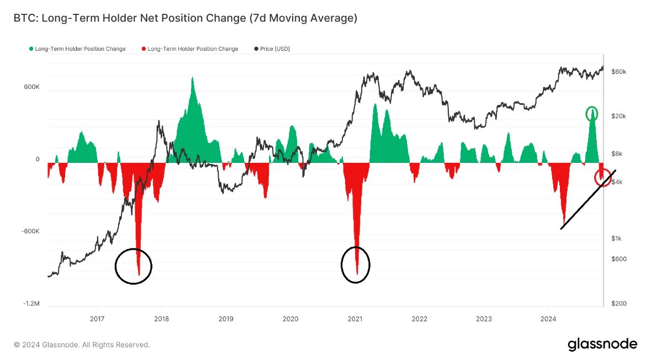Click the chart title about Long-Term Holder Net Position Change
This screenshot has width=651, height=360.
[186, 19]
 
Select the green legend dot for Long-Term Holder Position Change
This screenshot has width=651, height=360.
[31, 49]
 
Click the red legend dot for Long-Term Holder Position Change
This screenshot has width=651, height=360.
[144, 49]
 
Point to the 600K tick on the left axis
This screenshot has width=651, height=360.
[30, 87]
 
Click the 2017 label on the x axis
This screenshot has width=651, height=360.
[97, 319]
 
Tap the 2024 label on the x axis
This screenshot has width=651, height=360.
[548, 319]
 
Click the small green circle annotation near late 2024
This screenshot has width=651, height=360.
[592, 114]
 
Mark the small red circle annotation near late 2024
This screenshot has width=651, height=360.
[602, 177]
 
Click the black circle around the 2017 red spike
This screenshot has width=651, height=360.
[133, 266]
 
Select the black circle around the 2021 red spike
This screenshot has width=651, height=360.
[356, 264]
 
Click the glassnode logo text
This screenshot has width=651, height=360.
[602, 345]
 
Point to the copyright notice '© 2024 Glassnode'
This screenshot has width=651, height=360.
[82, 345]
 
